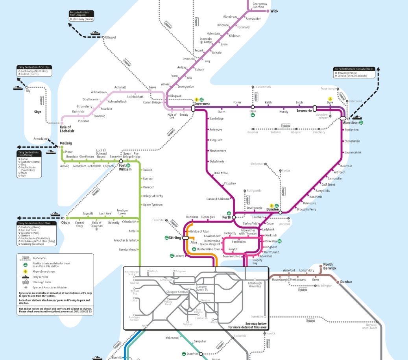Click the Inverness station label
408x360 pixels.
click(202, 103)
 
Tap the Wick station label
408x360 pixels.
click(274, 11)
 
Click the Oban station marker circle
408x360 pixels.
click(67, 218)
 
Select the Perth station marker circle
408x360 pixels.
click(234, 217)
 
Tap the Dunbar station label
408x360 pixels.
click(335, 282)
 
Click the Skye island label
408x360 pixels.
click(38, 112)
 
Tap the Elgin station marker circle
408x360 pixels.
click(253, 107)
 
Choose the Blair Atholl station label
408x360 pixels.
click(221, 173)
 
